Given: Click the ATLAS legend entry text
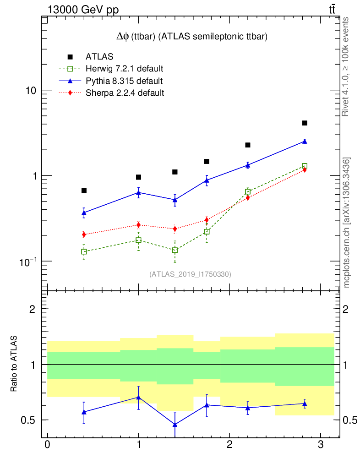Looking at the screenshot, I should (99, 57).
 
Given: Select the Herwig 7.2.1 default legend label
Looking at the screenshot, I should (125, 69).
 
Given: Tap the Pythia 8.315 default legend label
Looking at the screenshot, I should (124, 81).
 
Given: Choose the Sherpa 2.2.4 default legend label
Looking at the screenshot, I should (125, 93).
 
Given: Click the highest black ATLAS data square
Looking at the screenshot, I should (305, 123).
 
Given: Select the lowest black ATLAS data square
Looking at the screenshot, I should (84, 191).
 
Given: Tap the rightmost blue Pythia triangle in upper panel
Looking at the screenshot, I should (305, 142).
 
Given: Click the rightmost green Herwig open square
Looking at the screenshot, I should (305, 166).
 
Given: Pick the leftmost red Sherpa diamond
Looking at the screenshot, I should (84, 234).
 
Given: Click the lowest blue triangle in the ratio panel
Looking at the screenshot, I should (175, 425).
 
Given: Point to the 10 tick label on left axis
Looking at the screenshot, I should (31, 91).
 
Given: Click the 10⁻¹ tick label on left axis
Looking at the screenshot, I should (28, 261).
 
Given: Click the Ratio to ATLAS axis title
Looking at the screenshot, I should (14, 364).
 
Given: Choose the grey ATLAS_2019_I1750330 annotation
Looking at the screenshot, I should (190, 274).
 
